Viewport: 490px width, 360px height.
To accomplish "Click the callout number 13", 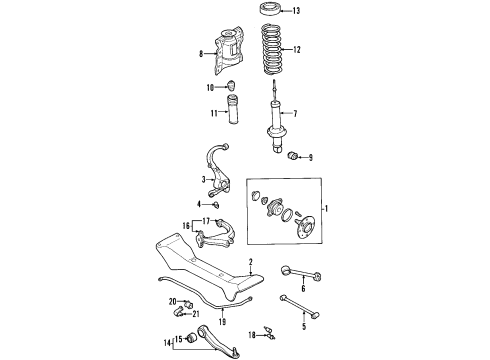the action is (296, 11).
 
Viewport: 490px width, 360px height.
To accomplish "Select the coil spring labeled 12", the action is (271, 50).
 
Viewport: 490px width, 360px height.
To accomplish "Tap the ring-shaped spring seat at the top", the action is (270, 9).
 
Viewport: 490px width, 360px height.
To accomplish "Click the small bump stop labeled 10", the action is (231, 85).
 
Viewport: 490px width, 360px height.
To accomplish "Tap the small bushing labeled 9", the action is (292, 155).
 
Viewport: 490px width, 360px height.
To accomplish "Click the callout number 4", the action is (199, 204).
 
